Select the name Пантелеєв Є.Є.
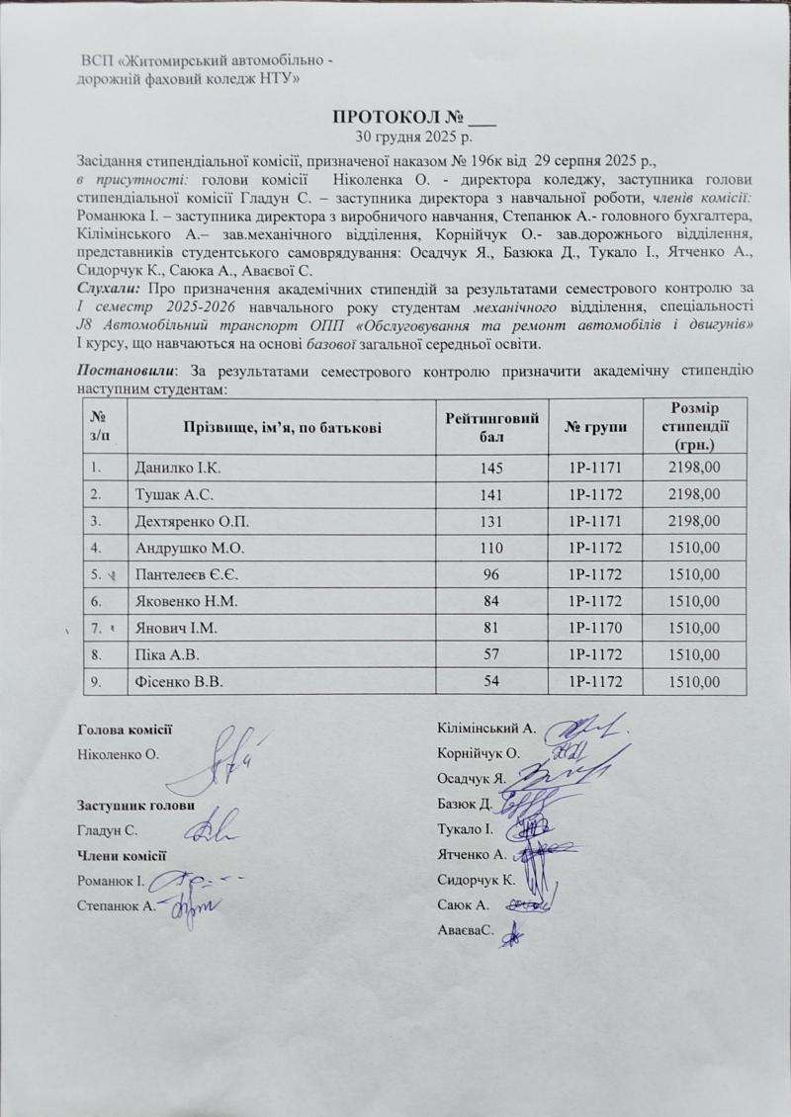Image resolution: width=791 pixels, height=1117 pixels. pos(184,572)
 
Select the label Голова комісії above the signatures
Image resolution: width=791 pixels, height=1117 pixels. pos(125,730)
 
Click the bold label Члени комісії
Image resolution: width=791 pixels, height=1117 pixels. pos(121,855)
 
